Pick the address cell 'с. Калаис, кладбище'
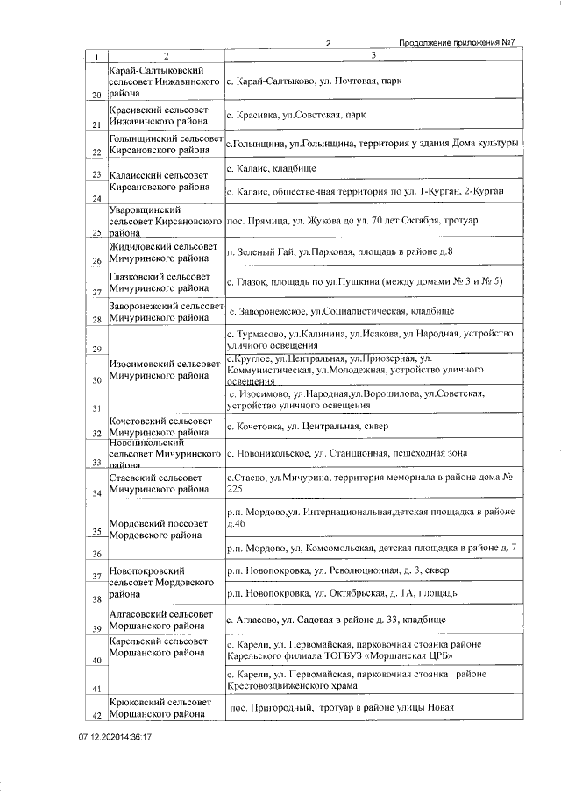tap(271, 167)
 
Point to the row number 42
tap(96, 715)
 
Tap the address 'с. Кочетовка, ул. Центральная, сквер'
tap(306, 427)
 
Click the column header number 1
tap(96, 58)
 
